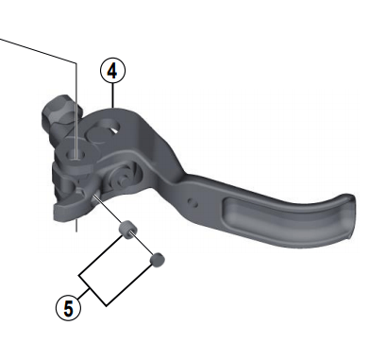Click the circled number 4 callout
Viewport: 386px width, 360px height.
click(x=112, y=70)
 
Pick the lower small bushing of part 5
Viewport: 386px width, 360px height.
click(x=158, y=256)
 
